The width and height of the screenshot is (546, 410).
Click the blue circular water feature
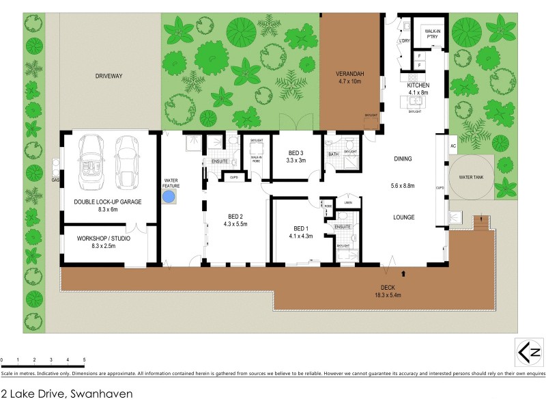tap(170, 197)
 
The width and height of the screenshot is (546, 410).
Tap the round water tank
tap(470, 177)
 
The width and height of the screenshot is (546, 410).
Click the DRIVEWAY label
tap(108, 76)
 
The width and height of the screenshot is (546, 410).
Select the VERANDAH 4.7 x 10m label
tap(349, 77)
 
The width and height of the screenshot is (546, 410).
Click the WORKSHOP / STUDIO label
tap(103, 243)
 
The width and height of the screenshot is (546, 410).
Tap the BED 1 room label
tap(300, 232)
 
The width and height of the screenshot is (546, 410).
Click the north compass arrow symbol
tap(528, 353)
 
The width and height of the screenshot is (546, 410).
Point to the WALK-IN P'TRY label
tap(433, 33)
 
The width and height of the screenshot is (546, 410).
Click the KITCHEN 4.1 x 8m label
tap(418, 88)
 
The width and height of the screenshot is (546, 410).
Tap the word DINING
tap(403, 159)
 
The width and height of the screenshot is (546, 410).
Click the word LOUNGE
tap(403, 217)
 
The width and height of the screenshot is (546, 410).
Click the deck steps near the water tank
tap(483, 223)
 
